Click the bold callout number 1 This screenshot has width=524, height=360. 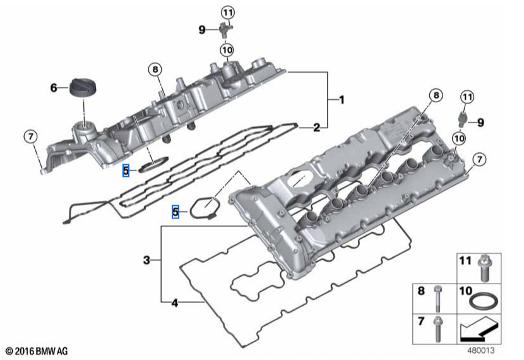coord(342,100)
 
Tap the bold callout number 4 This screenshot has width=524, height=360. coord(174,303)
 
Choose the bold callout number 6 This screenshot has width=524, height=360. coord(54,88)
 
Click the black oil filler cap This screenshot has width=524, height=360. coord(81,88)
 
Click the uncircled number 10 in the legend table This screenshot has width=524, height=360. coord(465,291)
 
